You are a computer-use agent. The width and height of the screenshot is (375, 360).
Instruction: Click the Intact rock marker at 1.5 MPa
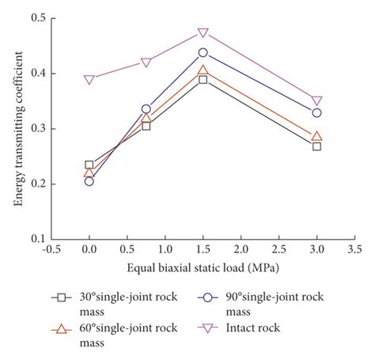[203, 32]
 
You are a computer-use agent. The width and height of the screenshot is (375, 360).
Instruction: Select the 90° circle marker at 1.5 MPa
[203, 52]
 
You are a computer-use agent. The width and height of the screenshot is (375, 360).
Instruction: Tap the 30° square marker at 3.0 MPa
[316, 146]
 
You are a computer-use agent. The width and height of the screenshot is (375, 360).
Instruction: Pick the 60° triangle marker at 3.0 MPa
[316, 136]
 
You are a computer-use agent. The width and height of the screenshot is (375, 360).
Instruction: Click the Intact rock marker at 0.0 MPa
[89, 79]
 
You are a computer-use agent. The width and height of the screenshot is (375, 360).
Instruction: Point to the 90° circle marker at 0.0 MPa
[89, 181]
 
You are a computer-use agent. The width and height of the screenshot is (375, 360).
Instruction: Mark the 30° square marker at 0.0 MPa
[89, 165]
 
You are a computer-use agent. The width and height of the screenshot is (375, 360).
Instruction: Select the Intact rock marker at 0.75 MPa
[146, 63]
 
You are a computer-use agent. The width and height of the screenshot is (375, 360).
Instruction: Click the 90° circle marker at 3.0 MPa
[316, 112]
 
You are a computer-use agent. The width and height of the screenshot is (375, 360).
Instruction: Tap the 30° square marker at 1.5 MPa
[203, 79]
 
